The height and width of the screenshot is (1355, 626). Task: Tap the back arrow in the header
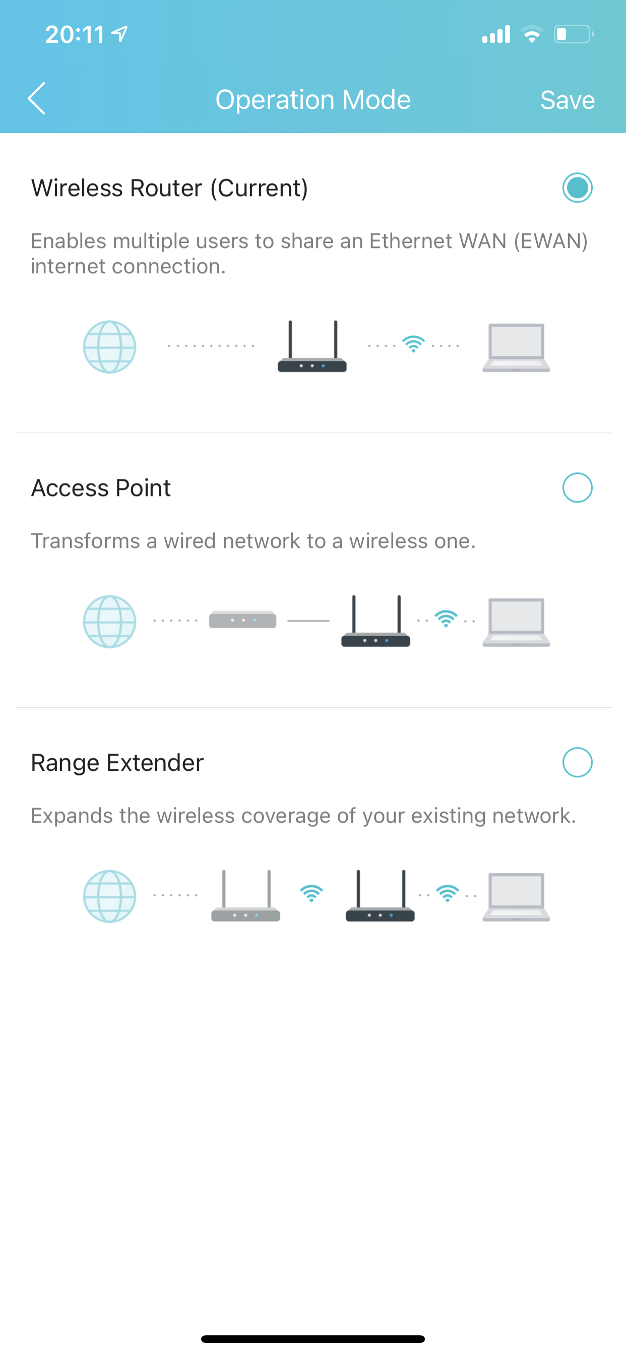coord(36,98)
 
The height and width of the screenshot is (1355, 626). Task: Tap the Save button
coord(567,99)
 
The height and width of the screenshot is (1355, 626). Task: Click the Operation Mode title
coord(313,99)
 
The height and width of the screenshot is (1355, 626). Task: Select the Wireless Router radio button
coord(577,188)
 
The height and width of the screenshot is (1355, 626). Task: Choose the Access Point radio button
coord(577,487)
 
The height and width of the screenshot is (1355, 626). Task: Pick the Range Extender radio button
coord(577,762)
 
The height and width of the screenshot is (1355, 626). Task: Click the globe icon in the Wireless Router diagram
coord(109,347)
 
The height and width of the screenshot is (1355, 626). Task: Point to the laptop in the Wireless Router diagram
coord(516,348)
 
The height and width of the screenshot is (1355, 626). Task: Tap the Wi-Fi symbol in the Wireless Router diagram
coord(413,344)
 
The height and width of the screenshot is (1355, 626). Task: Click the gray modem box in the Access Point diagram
coord(242,620)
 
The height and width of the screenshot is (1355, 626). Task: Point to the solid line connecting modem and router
coord(308,621)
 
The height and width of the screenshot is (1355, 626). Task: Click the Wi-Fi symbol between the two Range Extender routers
coord(311,893)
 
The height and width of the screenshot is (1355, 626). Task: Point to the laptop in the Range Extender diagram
coord(516,897)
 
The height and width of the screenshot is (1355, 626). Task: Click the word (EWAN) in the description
coord(550,241)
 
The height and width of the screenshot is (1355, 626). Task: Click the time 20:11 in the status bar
coord(75,35)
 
